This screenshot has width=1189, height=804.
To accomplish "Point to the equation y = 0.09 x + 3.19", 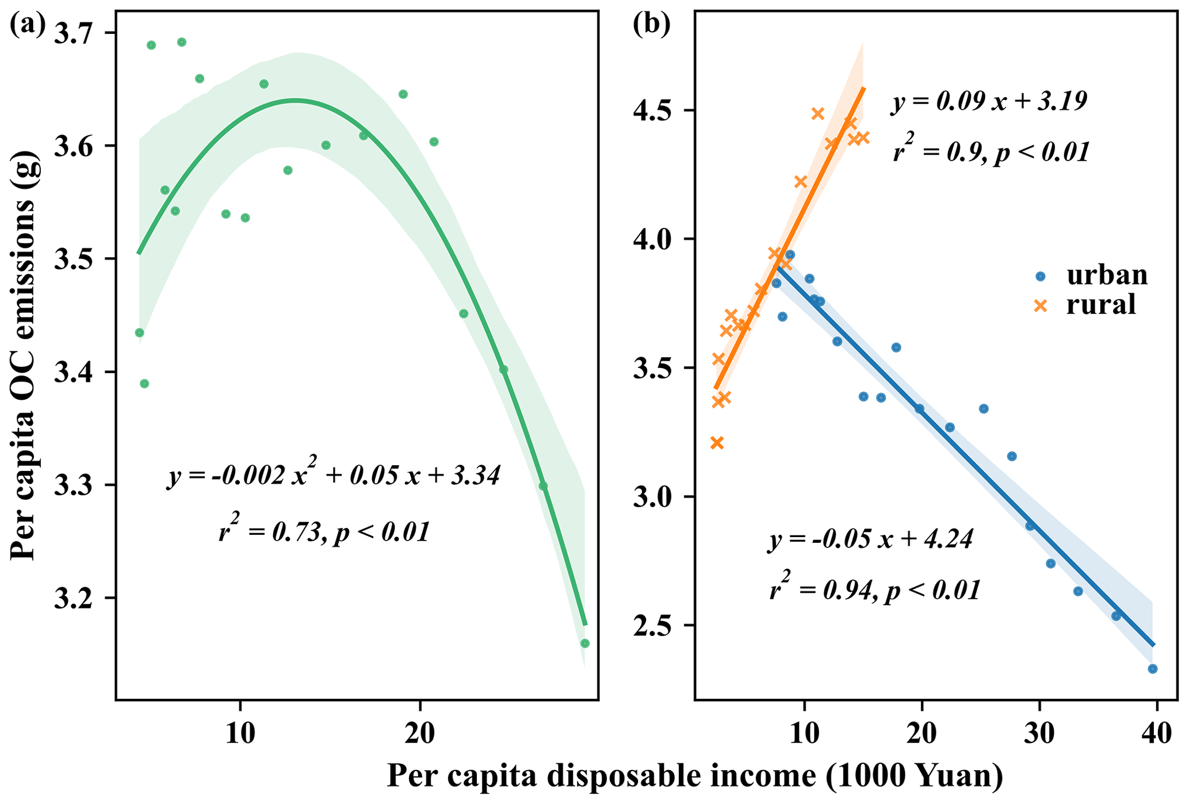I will (x=989, y=102).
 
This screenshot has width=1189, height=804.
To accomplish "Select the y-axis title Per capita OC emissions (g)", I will (x=24, y=357).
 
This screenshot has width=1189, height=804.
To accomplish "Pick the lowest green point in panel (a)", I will (x=585, y=644).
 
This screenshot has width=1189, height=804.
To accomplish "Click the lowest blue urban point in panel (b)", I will (x=1152, y=669).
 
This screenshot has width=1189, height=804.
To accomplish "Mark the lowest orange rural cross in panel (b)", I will (x=717, y=443).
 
